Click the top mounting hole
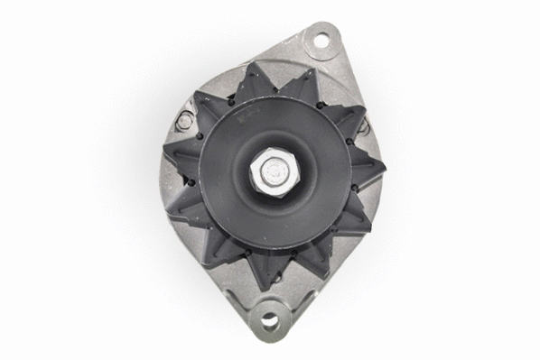318,40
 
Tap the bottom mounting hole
267,318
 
